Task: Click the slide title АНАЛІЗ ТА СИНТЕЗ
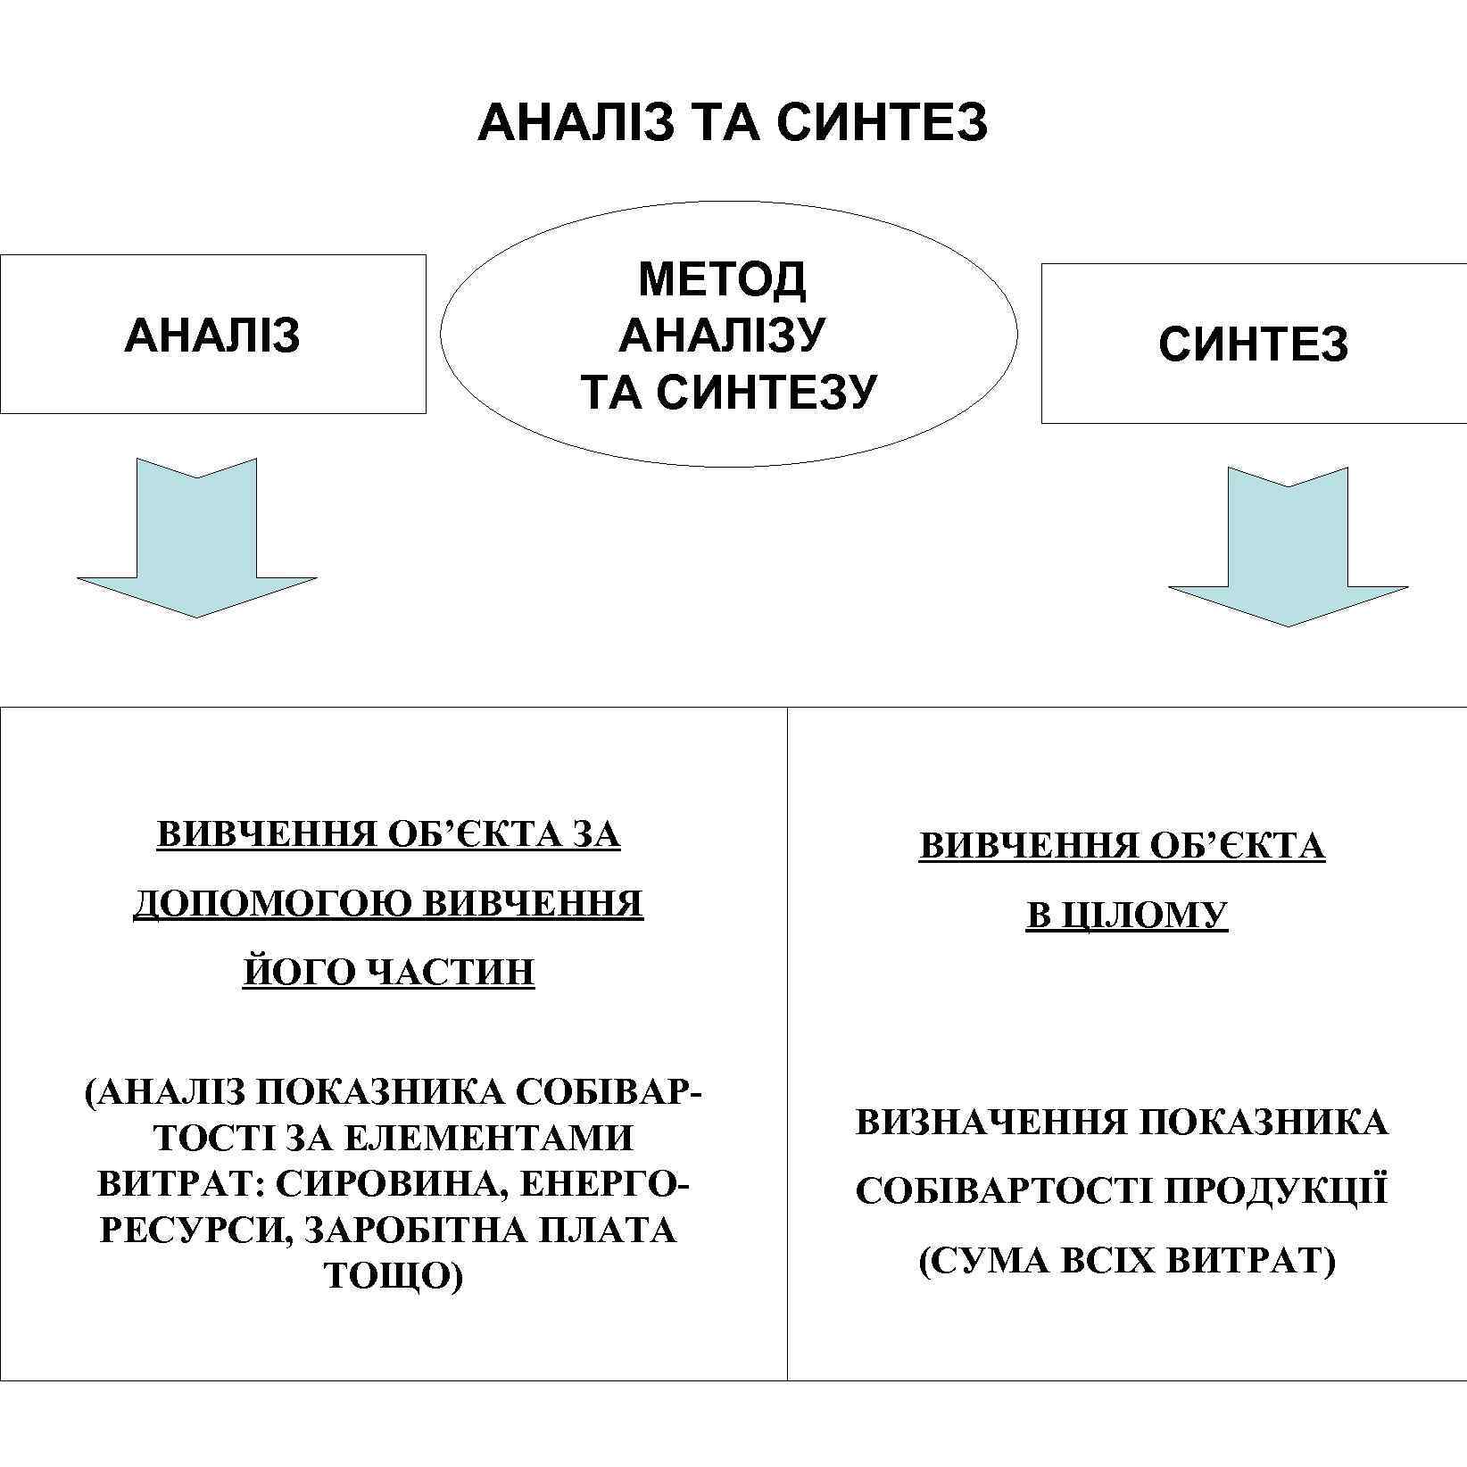coord(733,122)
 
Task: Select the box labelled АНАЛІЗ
coord(212,336)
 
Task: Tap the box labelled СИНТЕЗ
coord(1253,344)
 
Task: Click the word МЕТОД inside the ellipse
coord(722,279)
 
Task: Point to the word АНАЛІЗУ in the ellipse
coord(722,335)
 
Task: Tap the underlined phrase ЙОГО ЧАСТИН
coord(389,972)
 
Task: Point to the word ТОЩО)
coord(394,1277)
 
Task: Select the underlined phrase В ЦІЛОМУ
coord(1126,916)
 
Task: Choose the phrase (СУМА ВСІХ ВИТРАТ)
coord(1126,1261)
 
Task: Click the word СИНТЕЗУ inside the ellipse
coord(767,390)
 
